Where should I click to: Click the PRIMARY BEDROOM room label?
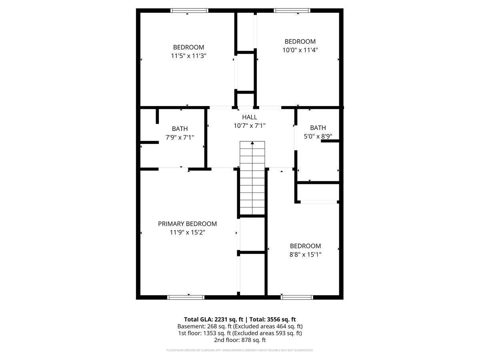(187, 224)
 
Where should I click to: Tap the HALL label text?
(250, 117)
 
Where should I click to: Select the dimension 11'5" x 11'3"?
(188, 56)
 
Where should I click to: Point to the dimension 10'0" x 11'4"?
(300, 50)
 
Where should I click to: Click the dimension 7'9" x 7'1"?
(180, 137)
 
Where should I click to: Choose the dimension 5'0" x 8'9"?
(318, 136)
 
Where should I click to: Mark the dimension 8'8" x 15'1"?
(306, 254)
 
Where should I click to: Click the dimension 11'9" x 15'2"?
(187, 232)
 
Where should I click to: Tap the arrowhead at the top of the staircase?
(252, 143)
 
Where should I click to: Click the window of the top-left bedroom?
(189, 10)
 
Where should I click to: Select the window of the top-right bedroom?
(292, 10)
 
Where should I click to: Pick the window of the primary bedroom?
(186, 297)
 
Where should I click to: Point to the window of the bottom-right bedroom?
(297, 297)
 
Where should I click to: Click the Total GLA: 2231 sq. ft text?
(214, 319)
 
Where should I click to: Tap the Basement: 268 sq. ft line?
(240, 326)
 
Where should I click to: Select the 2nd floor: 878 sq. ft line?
(240, 340)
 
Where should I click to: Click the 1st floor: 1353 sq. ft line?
(240, 333)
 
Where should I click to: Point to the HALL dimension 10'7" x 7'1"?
(250, 126)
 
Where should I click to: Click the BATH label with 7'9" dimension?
(180, 129)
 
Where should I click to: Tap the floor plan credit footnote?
(240, 350)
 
